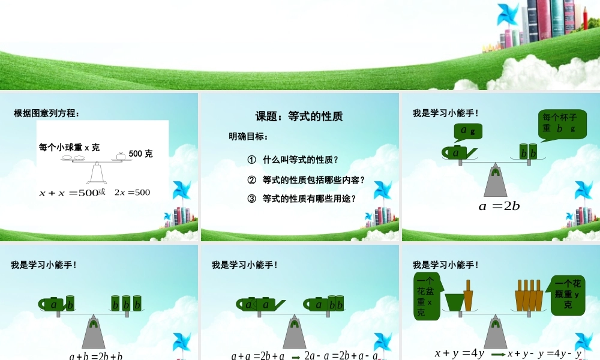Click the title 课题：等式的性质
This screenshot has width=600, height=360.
point(299,116)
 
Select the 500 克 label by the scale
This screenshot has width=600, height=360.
point(140,154)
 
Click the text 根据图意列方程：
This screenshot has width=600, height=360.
point(46,113)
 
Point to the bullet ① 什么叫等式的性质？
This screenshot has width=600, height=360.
point(293,160)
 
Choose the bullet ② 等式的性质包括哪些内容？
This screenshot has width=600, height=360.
point(306,179)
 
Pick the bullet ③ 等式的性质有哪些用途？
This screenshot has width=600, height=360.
point(302,199)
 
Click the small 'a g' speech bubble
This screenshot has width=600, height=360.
point(468,131)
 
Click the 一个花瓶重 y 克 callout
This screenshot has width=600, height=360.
point(567,294)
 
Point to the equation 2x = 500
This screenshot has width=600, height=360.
point(132,193)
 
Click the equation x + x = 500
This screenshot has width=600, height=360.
point(68,193)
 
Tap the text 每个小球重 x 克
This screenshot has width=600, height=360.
point(69,147)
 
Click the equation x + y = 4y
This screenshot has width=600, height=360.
point(459,353)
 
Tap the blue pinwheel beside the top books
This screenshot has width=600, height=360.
point(508,14)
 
